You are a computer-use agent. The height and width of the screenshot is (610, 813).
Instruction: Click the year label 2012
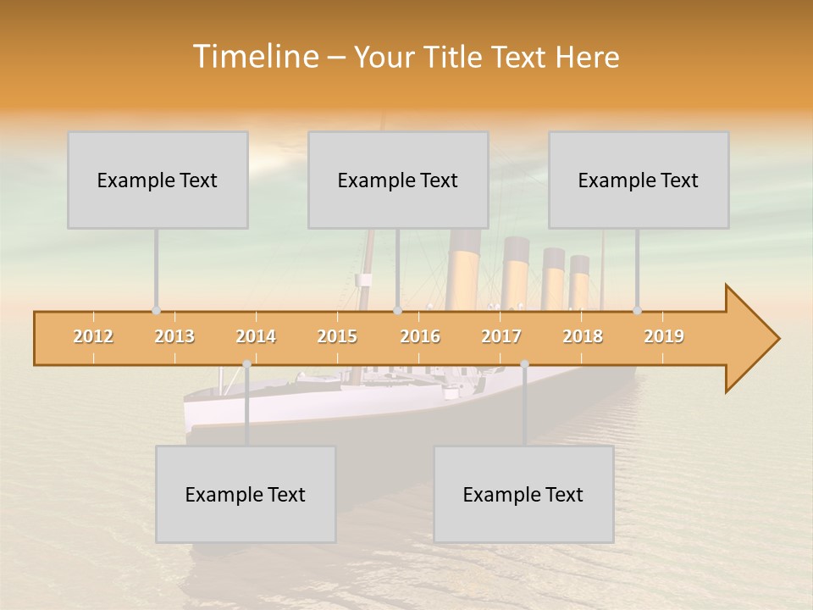point(93,336)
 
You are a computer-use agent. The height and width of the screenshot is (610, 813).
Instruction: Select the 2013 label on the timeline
point(174,336)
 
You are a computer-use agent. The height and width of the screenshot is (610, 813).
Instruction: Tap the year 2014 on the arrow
point(256,336)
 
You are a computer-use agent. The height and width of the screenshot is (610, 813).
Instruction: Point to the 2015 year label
point(337,336)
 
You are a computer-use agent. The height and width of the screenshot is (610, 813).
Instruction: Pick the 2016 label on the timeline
point(420,336)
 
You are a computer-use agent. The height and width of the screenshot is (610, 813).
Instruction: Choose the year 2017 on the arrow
point(501,336)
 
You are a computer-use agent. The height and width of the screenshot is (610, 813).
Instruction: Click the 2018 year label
point(583,336)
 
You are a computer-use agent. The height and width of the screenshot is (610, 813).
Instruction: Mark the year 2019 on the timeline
point(664,336)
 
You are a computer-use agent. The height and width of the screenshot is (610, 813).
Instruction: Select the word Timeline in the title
point(255,57)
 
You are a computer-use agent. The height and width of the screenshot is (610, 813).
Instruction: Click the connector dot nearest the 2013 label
point(156,311)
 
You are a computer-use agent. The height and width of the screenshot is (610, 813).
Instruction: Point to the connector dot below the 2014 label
point(246,364)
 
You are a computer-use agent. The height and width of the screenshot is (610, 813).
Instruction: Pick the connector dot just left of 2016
point(397,311)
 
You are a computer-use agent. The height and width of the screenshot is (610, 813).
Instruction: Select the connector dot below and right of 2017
point(524,364)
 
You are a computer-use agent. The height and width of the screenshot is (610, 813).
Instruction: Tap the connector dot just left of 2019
point(638,311)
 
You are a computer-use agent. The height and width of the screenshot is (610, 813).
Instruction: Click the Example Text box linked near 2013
point(158,180)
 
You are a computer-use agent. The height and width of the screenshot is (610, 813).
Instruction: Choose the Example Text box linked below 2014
point(246,494)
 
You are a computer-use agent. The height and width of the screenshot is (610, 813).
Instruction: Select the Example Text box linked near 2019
point(639,180)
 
